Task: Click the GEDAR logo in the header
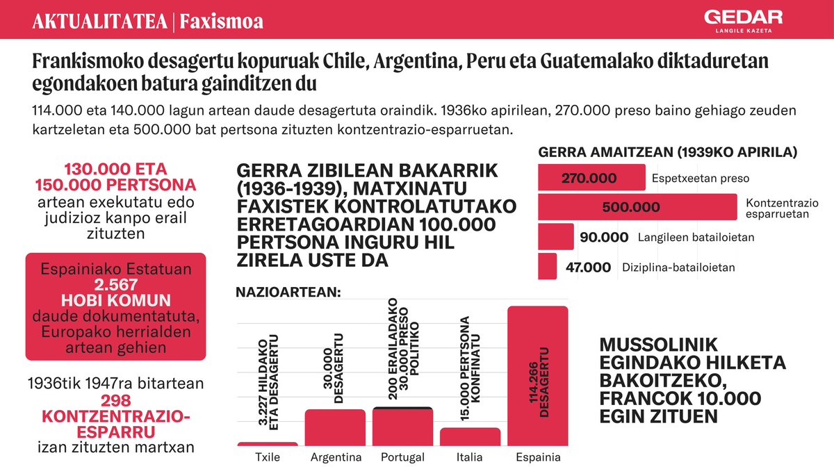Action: [743, 21]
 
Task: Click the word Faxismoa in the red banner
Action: [221, 22]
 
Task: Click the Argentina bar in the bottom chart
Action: [336, 427]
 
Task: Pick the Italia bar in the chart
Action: [471, 436]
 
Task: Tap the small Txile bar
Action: [268, 443]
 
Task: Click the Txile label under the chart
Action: [268, 457]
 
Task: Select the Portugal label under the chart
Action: [403, 457]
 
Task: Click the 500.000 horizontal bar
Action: [637, 207]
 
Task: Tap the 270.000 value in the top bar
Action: [588, 178]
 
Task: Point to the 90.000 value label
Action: [603, 238]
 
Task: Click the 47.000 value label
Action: [587, 267]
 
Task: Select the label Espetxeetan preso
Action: [701, 179]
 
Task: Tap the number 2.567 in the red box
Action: [115, 285]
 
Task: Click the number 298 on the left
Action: [115, 400]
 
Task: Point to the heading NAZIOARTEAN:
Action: [288, 293]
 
